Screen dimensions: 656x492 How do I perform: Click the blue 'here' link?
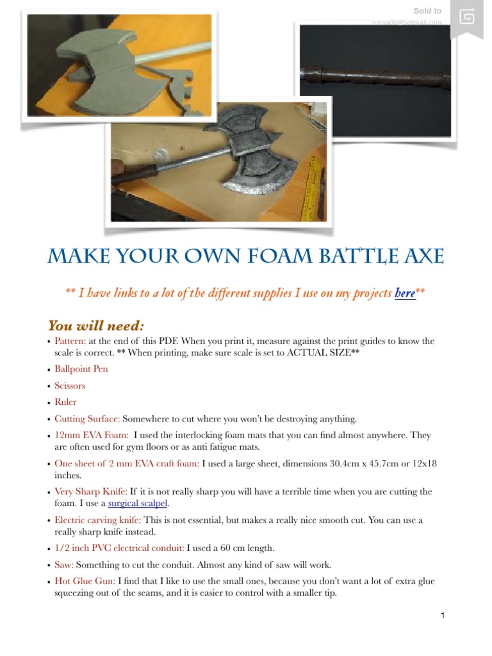coord(405,293)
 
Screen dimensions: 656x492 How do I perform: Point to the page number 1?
coord(442,616)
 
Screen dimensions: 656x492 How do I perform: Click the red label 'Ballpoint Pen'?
coord(81,370)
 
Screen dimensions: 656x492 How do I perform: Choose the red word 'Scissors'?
coord(70,386)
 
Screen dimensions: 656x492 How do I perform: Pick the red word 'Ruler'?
coord(65,402)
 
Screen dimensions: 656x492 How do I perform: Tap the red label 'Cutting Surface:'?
coord(87,419)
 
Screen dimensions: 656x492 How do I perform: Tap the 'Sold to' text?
coord(427,11)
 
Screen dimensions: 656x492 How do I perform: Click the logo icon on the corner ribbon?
coord(467,16)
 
